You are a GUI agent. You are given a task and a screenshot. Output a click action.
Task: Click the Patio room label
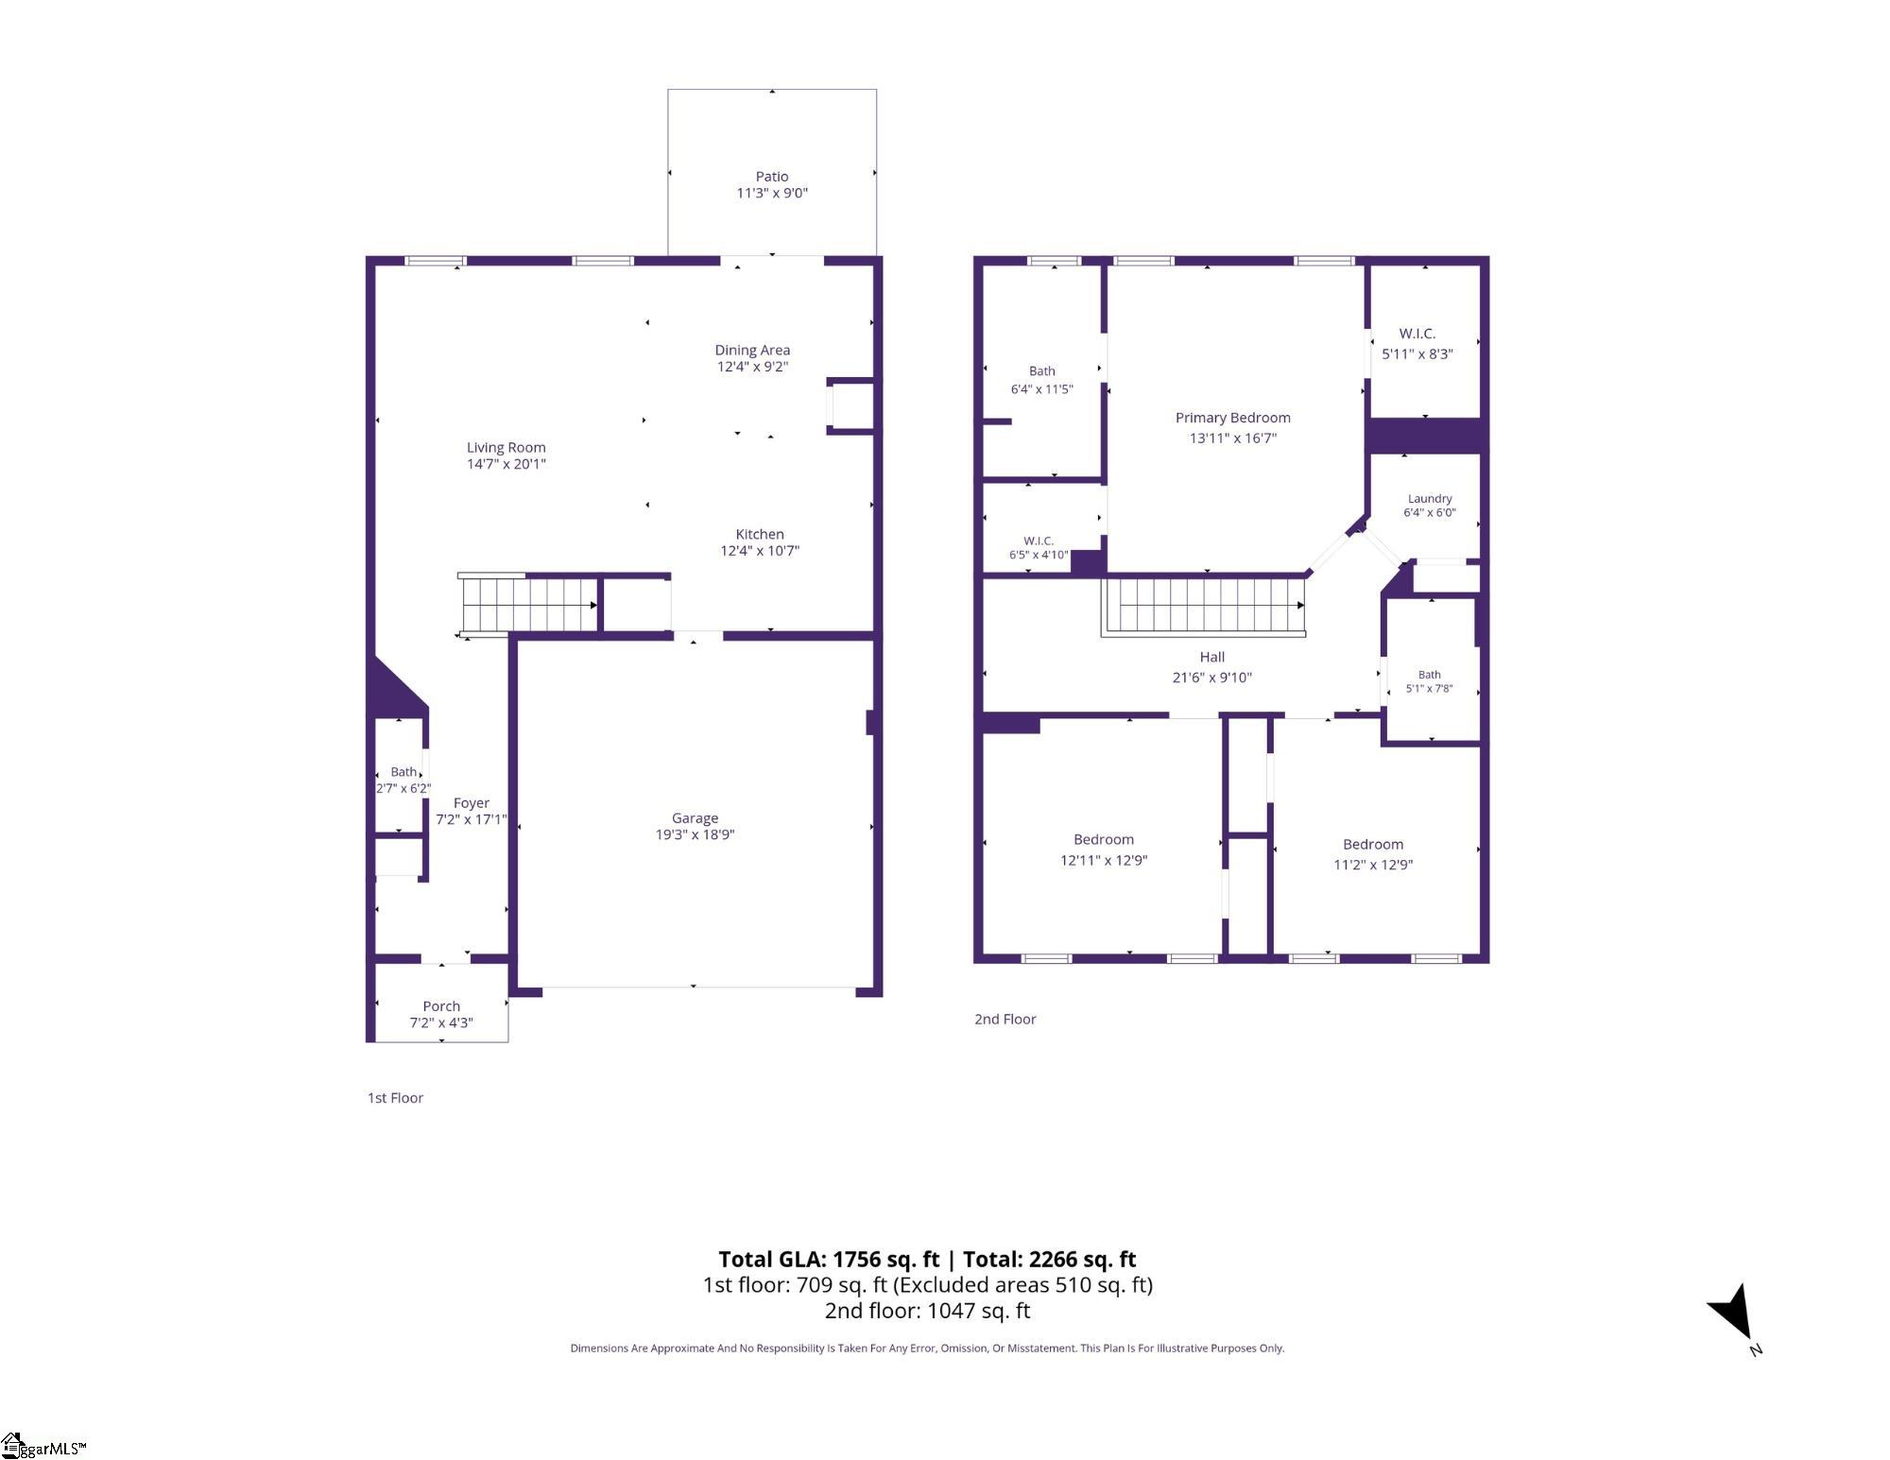(772, 177)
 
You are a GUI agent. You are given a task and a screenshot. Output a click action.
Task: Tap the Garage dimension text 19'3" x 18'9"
(695, 834)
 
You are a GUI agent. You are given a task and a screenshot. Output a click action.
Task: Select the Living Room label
(506, 448)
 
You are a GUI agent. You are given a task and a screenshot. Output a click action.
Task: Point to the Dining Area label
(752, 350)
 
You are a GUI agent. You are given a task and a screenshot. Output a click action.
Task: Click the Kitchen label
(760, 534)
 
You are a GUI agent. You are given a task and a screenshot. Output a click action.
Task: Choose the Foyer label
(471, 803)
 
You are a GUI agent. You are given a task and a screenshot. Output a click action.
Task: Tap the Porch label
(441, 1006)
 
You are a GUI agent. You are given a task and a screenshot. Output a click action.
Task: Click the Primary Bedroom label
(1232, 418)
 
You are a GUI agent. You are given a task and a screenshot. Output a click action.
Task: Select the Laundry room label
(1430, 499)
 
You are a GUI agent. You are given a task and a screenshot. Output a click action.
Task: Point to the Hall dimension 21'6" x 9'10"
(1212, 678)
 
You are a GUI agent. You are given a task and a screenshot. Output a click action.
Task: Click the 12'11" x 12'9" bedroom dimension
(1104, 861)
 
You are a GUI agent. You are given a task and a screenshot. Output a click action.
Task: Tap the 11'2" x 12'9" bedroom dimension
(1373, 865)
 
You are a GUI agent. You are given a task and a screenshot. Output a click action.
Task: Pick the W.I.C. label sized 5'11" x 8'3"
(1417, 334)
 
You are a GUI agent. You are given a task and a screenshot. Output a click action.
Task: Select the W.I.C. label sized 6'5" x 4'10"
(1039, 541)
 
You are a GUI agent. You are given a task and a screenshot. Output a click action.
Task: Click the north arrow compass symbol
(1733, 1313)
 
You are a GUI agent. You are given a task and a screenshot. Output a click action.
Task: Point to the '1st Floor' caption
(395, 1098)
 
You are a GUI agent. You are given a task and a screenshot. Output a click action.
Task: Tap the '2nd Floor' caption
(1005, 1020)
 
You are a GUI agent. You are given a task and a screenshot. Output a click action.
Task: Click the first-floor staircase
(528, 605)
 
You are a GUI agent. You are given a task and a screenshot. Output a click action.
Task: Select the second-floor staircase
(1205, 606)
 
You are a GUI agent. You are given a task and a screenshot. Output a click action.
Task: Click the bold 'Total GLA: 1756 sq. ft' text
(829, 1260)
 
